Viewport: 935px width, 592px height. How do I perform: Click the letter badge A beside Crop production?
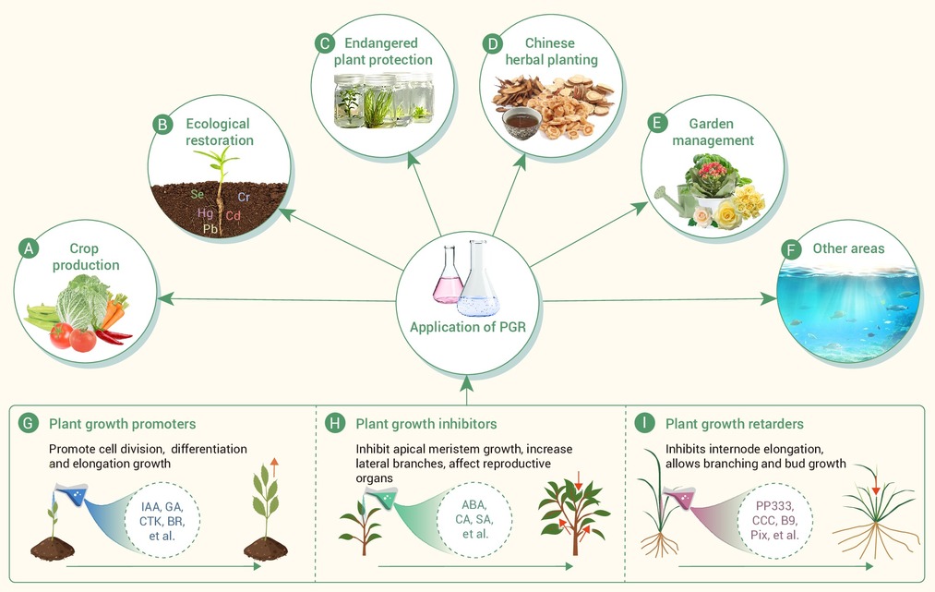(29, 248)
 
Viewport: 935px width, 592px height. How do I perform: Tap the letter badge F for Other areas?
(791, 248)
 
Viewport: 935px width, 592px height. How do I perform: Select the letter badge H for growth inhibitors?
(335, 424)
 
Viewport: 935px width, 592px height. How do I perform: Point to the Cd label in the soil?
(234, 215)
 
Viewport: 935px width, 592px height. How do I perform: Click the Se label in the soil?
(198, 194)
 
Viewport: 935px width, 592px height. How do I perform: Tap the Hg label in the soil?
(205, 212)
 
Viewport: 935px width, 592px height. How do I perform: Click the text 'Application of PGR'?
(467, 327)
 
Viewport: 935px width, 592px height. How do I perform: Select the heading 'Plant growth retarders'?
(735, 424)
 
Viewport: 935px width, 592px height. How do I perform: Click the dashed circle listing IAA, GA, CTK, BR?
(162, 520)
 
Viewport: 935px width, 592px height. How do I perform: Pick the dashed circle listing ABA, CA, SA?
(474, 520)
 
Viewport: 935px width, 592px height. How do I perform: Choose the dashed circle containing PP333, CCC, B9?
(775, 520)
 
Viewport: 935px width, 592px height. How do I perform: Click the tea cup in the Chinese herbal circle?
(521, 123)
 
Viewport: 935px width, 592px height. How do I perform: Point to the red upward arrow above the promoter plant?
(274, 467)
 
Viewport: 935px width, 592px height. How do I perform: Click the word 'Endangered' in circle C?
(381, 43)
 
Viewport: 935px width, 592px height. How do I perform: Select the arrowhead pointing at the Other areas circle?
(769, 298)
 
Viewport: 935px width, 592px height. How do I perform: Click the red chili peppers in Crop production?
(113, 336)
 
